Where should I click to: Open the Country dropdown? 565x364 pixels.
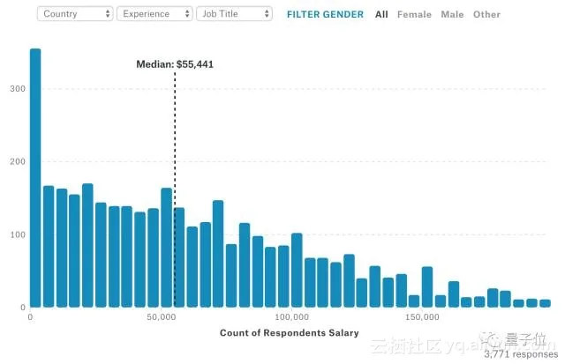77,14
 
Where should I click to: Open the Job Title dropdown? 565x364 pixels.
234,14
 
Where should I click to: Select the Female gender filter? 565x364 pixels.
415,14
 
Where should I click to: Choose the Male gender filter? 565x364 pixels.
452,14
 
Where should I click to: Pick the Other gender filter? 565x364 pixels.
486,14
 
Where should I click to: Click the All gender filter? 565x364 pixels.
381,14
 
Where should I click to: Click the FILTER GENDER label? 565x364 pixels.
325,14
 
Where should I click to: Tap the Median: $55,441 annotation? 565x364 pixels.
175,64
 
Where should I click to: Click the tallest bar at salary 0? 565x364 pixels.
35,176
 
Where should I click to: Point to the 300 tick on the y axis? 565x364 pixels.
16,89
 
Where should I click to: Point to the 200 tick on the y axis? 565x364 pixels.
16,161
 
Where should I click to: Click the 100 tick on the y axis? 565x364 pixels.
16,234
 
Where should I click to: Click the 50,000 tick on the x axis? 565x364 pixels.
160,316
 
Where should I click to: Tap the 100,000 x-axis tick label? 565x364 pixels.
290,316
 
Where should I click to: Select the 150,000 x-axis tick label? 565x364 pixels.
421,316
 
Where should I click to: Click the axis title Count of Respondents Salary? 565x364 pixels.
290,333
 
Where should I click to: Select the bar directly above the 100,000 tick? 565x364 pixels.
297,270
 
